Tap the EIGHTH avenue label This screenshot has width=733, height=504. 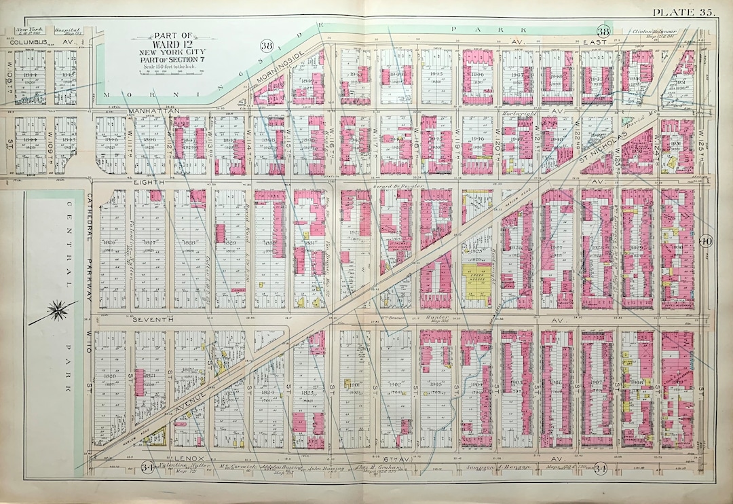tap(145, 182)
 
